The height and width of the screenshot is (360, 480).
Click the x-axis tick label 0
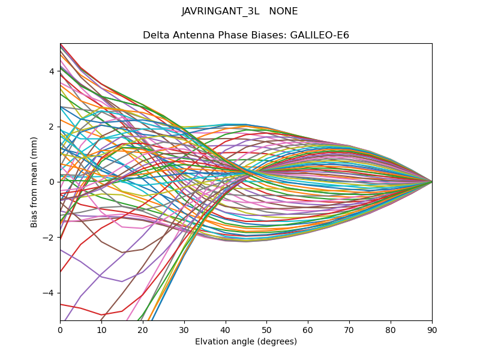[60, 329]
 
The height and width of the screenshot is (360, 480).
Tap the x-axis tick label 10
[101, 329]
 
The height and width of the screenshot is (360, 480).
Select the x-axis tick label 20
[143, 329]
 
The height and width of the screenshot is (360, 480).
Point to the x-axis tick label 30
[184, 329]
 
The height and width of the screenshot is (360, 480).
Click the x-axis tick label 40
[226, 329]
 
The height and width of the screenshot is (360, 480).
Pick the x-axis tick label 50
[266, 329]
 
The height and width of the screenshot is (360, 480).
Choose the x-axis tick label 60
[308, 329]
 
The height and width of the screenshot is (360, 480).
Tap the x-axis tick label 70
[349, 329]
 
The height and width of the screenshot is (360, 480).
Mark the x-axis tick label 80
[391, 329]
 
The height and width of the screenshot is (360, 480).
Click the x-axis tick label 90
[432, 329]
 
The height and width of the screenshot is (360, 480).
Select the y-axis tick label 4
[52, 71]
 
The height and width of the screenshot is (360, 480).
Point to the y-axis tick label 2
[52, 127]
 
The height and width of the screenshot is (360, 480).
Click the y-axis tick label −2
[49, 238]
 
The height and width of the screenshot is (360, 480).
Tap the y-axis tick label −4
[49, 293]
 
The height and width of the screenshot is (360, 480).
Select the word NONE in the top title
[284, 11]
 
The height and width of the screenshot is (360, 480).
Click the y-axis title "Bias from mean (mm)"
[34, 181]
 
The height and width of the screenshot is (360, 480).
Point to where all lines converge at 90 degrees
[432, 182]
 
